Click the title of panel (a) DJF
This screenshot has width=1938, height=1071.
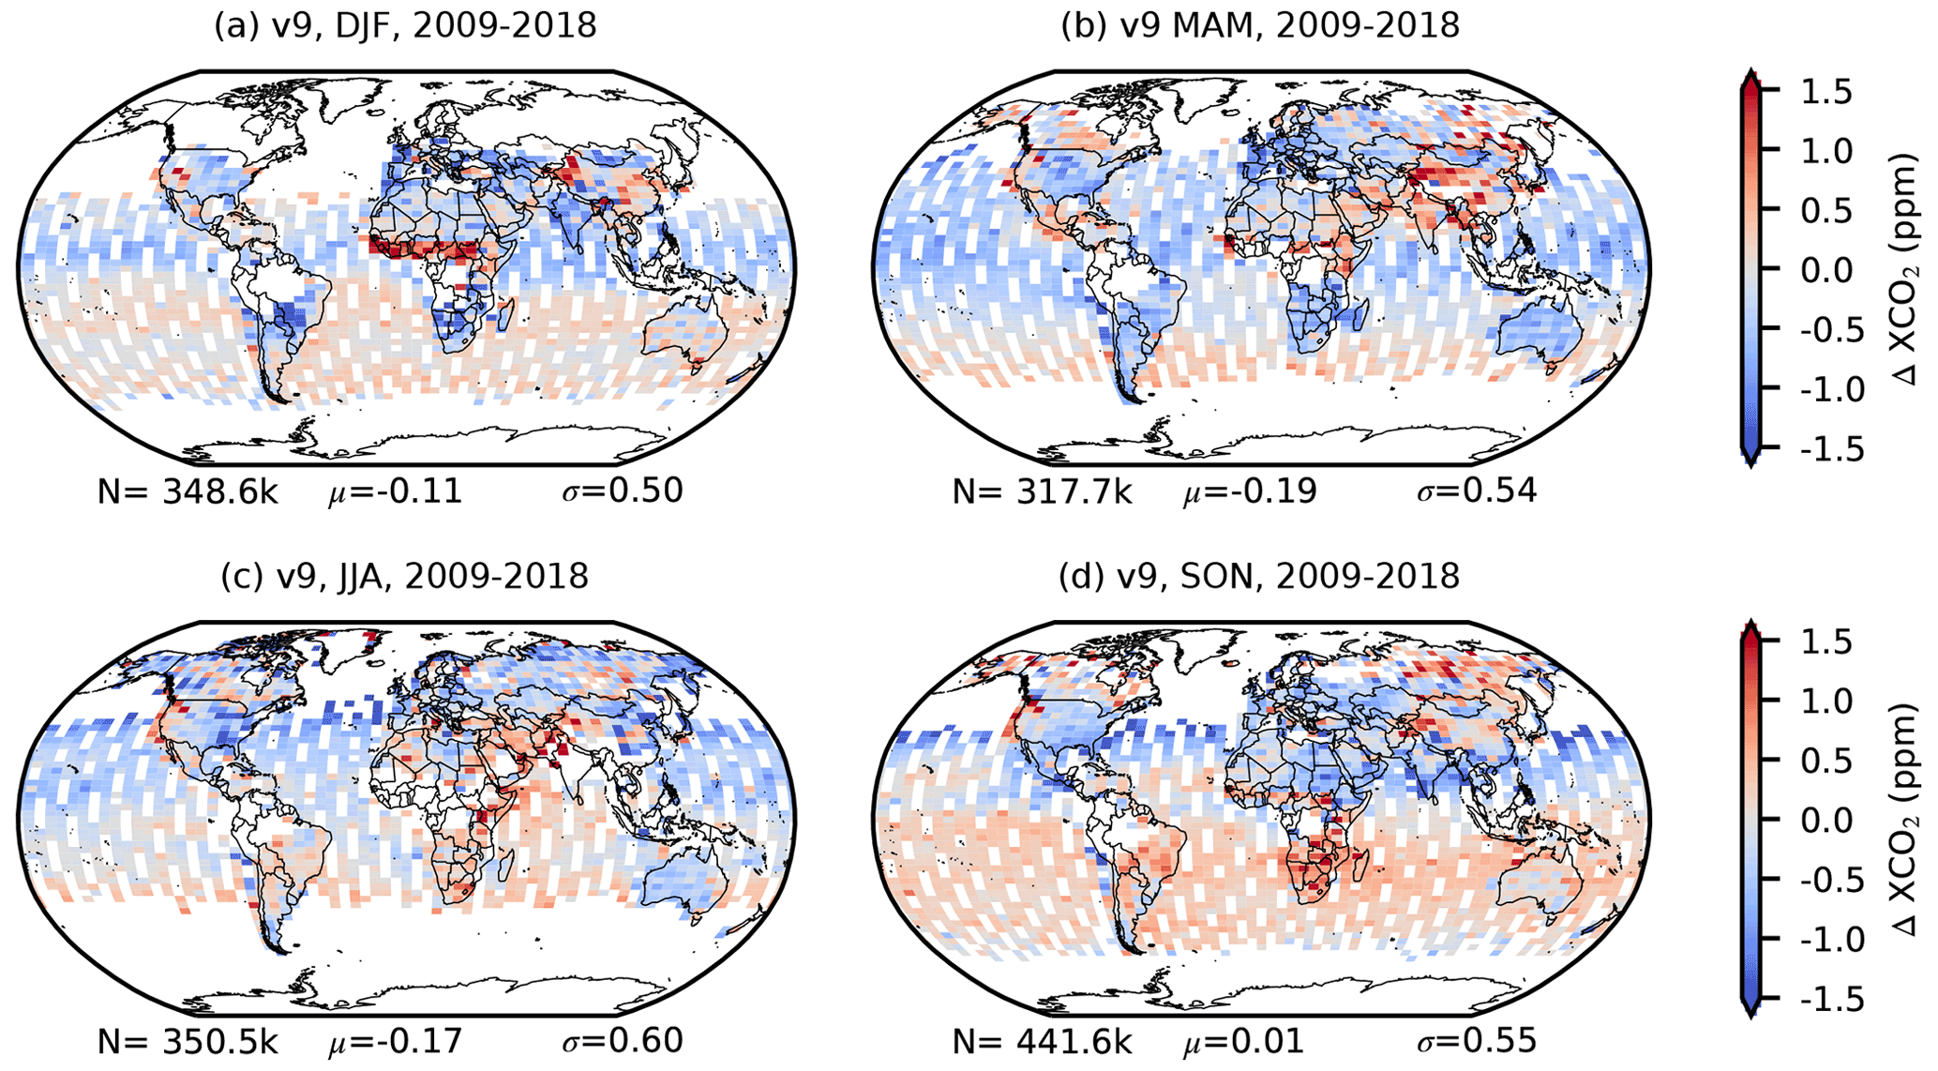click(x=405, y=25)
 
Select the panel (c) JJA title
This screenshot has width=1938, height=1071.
click(x=405, y=575)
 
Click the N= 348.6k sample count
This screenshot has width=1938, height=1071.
click(x=188, y=491)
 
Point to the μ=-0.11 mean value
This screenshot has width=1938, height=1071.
click(x=395, y=491)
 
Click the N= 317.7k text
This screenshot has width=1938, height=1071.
click(x=1043, y=491)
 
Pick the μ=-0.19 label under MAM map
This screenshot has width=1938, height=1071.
click(x=1250, y=491)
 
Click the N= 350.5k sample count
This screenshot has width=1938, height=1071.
click(x=188, y=1041)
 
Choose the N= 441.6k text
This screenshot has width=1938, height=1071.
click(x=1043, y=1041)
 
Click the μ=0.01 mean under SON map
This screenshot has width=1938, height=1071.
click(x=1243, y=1041)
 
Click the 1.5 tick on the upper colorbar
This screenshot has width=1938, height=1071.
click(x=1826, y=91)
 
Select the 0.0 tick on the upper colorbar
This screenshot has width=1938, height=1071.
click(x=1826, y=270)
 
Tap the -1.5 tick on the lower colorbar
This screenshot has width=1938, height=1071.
click(x=1819, y=1000)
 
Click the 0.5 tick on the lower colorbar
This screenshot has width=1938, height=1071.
click(x=1826, y=761)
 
